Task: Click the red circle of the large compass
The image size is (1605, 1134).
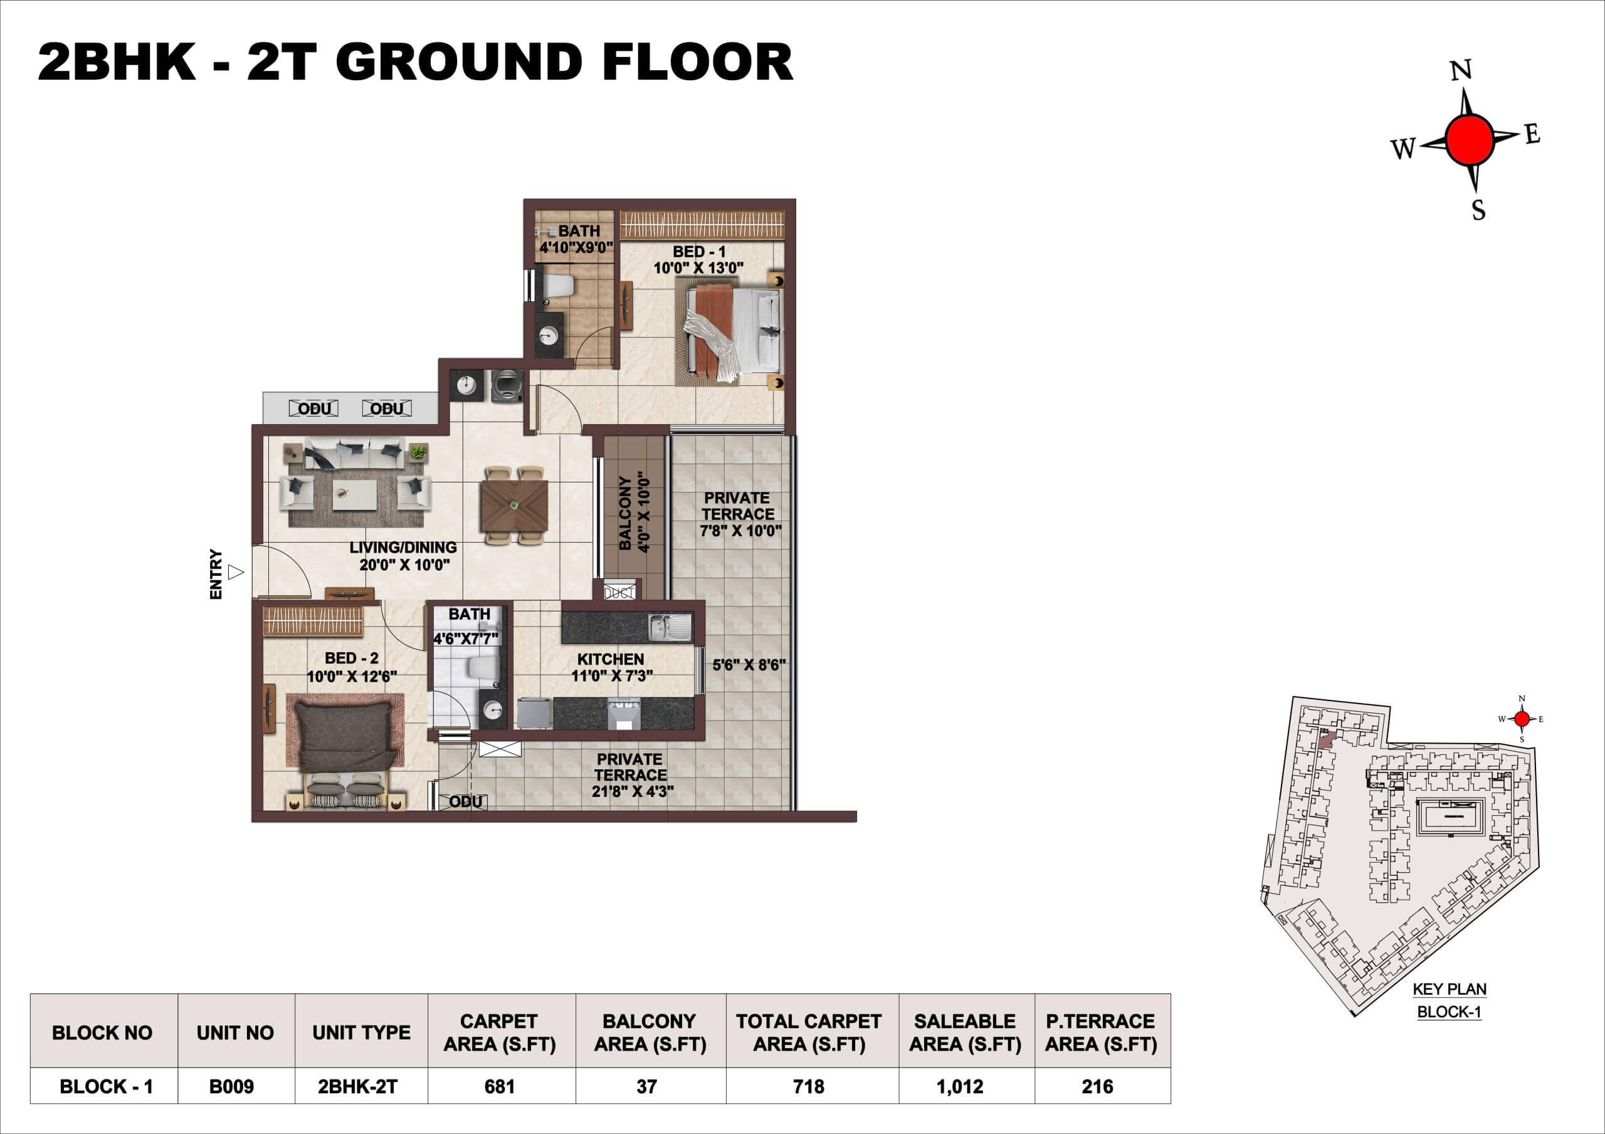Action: coord(1470,140)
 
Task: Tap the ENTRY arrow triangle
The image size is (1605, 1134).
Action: coord(236,572)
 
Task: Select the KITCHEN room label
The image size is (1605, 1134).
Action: coord(610,659)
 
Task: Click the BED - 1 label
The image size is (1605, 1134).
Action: coord(699,251)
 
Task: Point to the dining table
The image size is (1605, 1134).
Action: coord(514,506)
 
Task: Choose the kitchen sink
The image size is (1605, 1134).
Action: coord(670,627)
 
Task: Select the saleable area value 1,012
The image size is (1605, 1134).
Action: coord(960,1086)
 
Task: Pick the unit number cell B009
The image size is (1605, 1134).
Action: coord(231,1086)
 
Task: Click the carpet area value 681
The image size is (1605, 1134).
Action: coord(499,1086)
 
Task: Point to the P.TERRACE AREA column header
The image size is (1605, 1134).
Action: coord(1101,1033)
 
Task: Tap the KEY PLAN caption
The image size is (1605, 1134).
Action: coord(1450,989)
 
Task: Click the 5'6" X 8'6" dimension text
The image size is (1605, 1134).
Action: coord(749,665)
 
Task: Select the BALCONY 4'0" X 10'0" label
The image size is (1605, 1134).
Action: coord(634,514)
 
